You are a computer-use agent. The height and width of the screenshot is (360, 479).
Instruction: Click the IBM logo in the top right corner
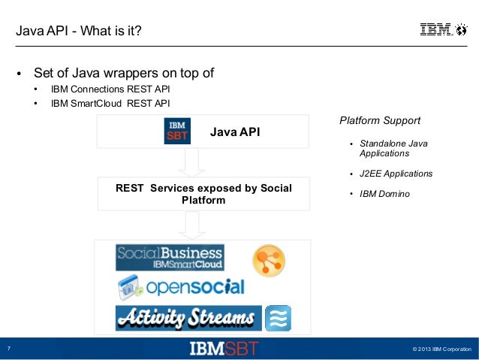[435, 30]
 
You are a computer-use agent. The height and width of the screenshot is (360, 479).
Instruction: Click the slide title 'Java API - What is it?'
[78, 31]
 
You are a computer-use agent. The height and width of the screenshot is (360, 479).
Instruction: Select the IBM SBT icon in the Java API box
[177, 131]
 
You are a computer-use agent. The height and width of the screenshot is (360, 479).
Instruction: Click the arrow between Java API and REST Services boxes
[192, 161]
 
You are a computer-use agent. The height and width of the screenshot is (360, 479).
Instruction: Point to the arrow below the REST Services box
[192, 225]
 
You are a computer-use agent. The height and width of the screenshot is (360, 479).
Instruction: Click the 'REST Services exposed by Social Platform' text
[203, 194]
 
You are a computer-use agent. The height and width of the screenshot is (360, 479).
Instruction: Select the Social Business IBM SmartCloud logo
[169, 257]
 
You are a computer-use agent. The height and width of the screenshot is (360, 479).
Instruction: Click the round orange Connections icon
[268, 259]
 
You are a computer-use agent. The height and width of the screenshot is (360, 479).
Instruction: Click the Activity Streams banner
[188, 317]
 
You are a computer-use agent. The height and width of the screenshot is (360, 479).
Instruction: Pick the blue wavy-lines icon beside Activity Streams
[278, 318]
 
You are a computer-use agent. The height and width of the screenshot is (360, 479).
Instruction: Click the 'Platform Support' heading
[380, 120]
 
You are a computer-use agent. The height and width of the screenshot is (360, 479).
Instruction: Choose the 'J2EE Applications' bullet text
[396, 174]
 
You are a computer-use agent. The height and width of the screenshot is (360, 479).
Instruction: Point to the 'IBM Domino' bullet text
[384, 194]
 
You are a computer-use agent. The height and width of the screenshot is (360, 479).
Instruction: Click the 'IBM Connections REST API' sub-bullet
[110, 89]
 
